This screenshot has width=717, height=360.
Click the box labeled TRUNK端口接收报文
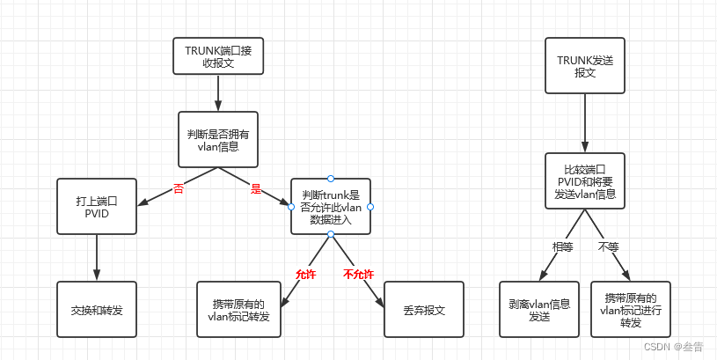tap(217, 56)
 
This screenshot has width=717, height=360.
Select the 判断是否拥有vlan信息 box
tap(217, 139)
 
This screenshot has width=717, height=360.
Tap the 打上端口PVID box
tap(97, 206)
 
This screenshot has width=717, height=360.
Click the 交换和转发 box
tap(97, 310)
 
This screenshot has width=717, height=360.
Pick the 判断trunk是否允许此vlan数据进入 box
tap(331, 206)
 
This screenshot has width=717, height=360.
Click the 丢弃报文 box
tap(424, 310)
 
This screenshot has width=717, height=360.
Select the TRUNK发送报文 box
tap(584, 65)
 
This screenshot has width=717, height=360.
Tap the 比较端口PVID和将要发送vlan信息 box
tap(584, 181)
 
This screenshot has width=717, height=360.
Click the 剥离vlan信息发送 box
tap(539, 309)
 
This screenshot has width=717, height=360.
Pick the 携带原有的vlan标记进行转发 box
tap(630, 309)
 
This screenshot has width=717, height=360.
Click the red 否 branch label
tap(179, 188)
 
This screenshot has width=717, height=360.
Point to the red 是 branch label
tap(256, 188)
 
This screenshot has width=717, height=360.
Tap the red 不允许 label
tap(358, 274)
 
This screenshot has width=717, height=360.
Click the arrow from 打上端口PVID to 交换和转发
tap(97, 258)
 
